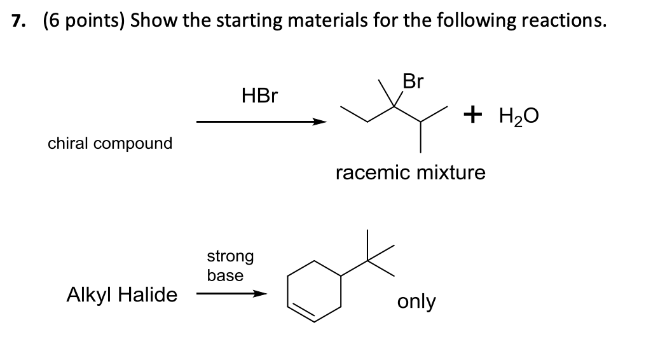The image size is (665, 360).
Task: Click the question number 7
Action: pos(18,20)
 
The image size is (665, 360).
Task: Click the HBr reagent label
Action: pos(259,96)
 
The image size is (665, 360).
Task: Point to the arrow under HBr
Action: pos(261,122)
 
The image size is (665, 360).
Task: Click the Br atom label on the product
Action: pos(413,82)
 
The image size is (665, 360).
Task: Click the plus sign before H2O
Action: pos(472,115)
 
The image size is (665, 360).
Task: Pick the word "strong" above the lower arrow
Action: pos(230,256)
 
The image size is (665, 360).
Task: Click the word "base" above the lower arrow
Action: pos(225,275)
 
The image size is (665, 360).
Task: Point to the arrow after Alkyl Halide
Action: pos(231,294)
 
